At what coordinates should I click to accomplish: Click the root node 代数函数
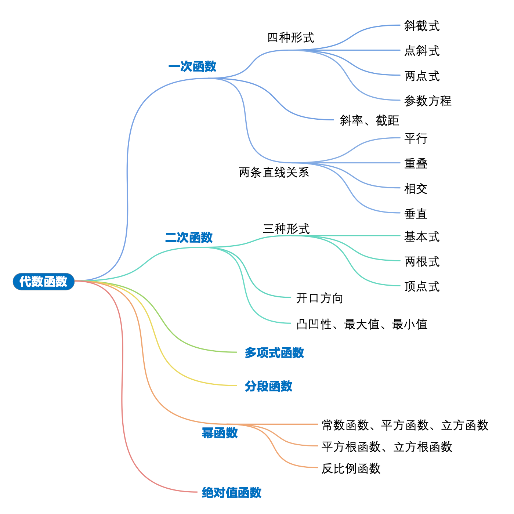pos(43,282)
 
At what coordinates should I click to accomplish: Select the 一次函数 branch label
pos(192,66)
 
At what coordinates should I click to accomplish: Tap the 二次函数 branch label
pos(189,238)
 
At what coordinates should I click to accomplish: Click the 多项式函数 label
pos(274,353)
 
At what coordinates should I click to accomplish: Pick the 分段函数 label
pos(268,386)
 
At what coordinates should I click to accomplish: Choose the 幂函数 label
pos(220,433)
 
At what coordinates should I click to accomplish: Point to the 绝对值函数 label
pos(231,492)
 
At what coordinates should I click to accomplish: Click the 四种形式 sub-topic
pos(290,37)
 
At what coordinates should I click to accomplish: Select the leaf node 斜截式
pos(421,26)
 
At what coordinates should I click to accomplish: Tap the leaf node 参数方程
pos(427,101)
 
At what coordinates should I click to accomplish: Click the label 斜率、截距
pos(369,120)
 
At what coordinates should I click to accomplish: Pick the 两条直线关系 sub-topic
pos(274,172)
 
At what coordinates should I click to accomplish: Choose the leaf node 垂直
pos(416,214)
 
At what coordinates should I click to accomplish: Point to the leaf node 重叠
pos(416,163)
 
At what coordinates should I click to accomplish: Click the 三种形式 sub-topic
pos(286,229)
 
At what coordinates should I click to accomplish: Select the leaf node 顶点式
pos(421,286)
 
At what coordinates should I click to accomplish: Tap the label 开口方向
pos(319,298)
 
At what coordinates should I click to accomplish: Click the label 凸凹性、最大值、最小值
pos(362,324)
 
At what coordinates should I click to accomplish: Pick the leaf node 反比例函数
pos(351,468)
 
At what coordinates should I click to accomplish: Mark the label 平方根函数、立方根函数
pos(387,447)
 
